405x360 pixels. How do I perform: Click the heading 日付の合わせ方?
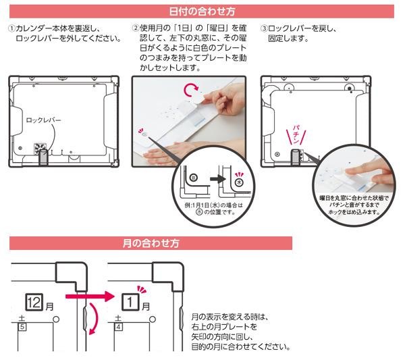(202, 11)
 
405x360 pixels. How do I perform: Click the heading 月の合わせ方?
(151, 243)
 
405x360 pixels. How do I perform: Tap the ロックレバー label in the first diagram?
(43, 120)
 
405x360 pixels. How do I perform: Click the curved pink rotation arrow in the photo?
(190, 91)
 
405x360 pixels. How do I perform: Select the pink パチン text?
(296, 134)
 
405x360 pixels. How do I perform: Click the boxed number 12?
(34, 302)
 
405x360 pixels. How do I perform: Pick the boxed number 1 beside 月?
(130, 302)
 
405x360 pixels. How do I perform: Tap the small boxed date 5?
(22, 327)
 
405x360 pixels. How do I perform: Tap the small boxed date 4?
(119, 327)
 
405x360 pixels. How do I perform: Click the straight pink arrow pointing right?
(90, 296)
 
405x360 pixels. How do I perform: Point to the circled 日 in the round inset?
(194, 178)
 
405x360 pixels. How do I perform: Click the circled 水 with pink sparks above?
(240, 182)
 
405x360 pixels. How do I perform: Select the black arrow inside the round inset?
(218, 179)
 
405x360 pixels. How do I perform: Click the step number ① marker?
(11, 28)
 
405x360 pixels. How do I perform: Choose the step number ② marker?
(136, 28)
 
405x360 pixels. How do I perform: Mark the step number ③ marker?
(264, 28)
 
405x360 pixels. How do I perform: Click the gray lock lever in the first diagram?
(43, 157)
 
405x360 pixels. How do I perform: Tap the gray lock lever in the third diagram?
(295, 157)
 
